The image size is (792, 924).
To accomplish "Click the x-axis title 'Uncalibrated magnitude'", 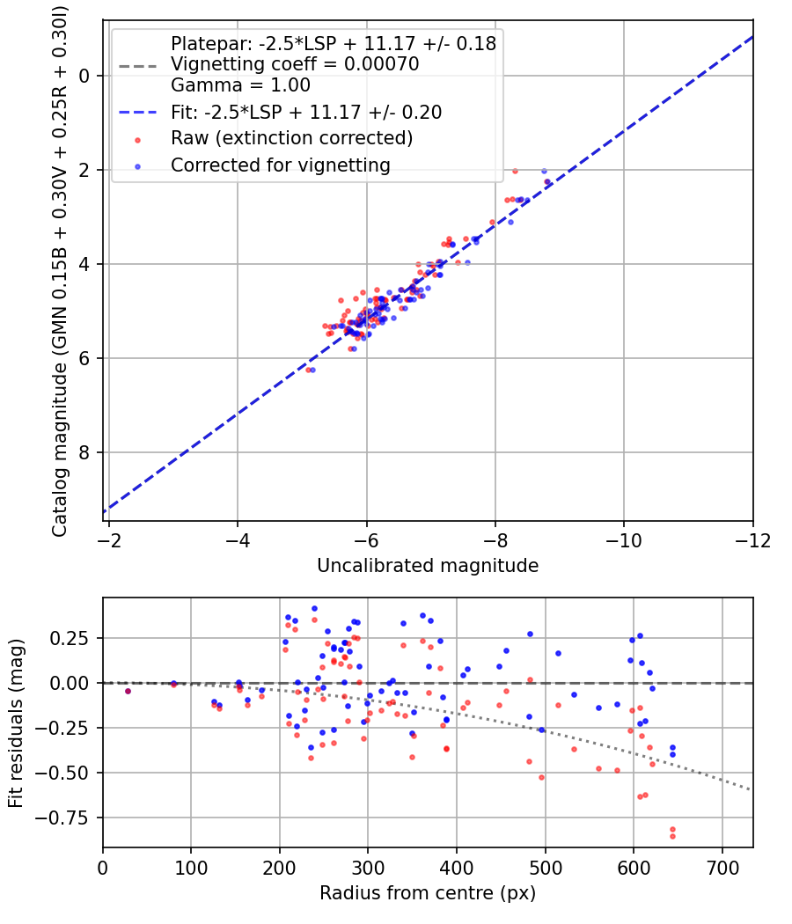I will click(428, 566).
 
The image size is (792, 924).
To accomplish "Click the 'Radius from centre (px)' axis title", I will click(428, 893).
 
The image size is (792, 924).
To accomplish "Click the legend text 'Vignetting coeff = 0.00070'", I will click(295, 64).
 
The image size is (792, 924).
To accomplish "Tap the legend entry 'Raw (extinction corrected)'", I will click(291, 138).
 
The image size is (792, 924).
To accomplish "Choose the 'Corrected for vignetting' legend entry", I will click(280, 165).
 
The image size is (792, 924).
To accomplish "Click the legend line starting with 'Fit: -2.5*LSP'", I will click(306, 113).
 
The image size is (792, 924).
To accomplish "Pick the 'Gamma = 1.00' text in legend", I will click(240, 85).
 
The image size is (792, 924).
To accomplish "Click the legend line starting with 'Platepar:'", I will click(334, 43).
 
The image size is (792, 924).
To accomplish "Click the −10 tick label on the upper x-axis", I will click(624, 539).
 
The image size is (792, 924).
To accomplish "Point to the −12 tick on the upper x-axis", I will click(752, 539).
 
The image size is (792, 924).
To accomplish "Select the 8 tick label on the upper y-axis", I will click(84, 452).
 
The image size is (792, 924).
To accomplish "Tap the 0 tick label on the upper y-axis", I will click(84, 76).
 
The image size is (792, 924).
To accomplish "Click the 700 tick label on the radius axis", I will click(722, 868).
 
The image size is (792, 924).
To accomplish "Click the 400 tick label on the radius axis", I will click(457, 868).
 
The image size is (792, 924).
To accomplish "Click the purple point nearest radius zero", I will click(128, 691).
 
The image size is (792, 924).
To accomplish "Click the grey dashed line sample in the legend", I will click(136, 64).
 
